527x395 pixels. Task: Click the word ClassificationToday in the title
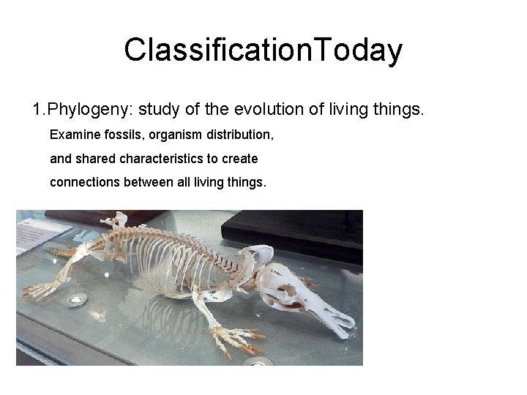(263, 50)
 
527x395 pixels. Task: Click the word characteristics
(184, 158)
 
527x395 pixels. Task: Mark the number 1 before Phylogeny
(37, 111)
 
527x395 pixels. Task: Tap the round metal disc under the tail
(77, 298)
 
